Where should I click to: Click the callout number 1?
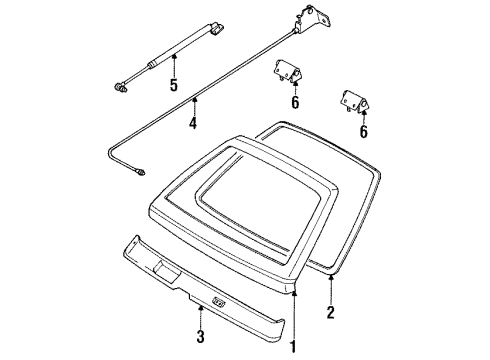(293, 347)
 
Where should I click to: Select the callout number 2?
(330, 312)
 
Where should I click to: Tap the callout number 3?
(200, 337)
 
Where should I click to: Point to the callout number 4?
(193, 123)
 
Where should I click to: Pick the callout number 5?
(174, 84)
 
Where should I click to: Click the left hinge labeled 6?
(286, 72)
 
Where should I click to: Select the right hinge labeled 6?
(355, 101)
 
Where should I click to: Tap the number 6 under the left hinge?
(295, 102)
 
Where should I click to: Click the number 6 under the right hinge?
(363, 131)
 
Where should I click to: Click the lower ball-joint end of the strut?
(119, 88)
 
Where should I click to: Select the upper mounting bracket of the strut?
(216, 27)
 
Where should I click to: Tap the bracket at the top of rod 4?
(312, 19)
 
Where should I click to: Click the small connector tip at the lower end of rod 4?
(141, 172)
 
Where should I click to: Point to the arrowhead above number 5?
(174, 57)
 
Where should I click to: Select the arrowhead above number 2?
(331, 276)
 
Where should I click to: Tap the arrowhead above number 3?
(200, 308)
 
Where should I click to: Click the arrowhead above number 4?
(194, 99)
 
